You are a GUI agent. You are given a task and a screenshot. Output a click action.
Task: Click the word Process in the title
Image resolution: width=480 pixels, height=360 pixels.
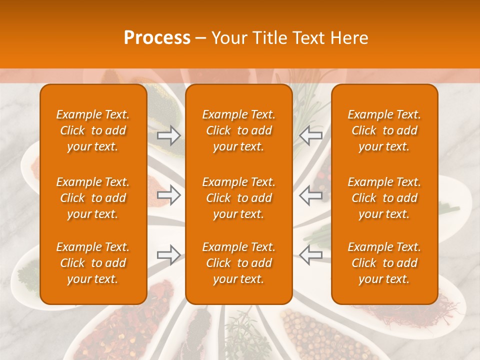tap(157, 38)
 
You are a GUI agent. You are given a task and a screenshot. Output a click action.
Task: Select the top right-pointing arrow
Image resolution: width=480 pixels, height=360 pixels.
tap(169, 135)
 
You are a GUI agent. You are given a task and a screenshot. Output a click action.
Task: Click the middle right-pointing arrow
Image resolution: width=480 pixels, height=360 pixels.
tap(169, 195)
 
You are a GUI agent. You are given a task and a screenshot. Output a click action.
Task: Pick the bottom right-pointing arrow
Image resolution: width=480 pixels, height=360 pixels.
tap(169, 255)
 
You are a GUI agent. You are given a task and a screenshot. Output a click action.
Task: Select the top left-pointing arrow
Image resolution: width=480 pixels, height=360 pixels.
tap(311, 135)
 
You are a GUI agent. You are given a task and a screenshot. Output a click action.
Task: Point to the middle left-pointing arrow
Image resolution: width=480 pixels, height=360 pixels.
tap(311, 195)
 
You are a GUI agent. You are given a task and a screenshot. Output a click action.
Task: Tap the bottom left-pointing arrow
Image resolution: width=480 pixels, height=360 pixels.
tap(311, 255)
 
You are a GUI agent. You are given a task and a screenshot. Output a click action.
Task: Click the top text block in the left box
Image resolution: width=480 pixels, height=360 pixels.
tap(93, 130)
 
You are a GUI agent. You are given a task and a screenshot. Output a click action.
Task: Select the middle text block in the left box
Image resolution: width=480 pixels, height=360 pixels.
tap(93, 198)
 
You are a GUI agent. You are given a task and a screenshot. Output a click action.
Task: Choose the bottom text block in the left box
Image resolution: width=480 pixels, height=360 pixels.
tap(93, 263)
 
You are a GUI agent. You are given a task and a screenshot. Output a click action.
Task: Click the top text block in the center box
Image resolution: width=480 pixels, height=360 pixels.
tap(239, 130)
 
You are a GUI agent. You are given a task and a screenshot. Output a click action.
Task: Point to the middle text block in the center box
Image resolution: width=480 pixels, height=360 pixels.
tap(239, 198)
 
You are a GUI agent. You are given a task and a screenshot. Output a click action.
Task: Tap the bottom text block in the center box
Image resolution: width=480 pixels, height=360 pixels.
tap(239, 263)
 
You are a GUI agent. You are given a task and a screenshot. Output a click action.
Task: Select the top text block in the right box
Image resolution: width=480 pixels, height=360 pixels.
tap(384, 130)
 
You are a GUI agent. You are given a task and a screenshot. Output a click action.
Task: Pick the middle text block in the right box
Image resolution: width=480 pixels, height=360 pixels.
tap(384, 198)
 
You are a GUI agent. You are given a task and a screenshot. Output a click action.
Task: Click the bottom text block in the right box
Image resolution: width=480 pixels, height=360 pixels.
tap(384, 263)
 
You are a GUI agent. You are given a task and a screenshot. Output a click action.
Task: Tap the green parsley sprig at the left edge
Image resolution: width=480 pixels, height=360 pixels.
tap(27, 273)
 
